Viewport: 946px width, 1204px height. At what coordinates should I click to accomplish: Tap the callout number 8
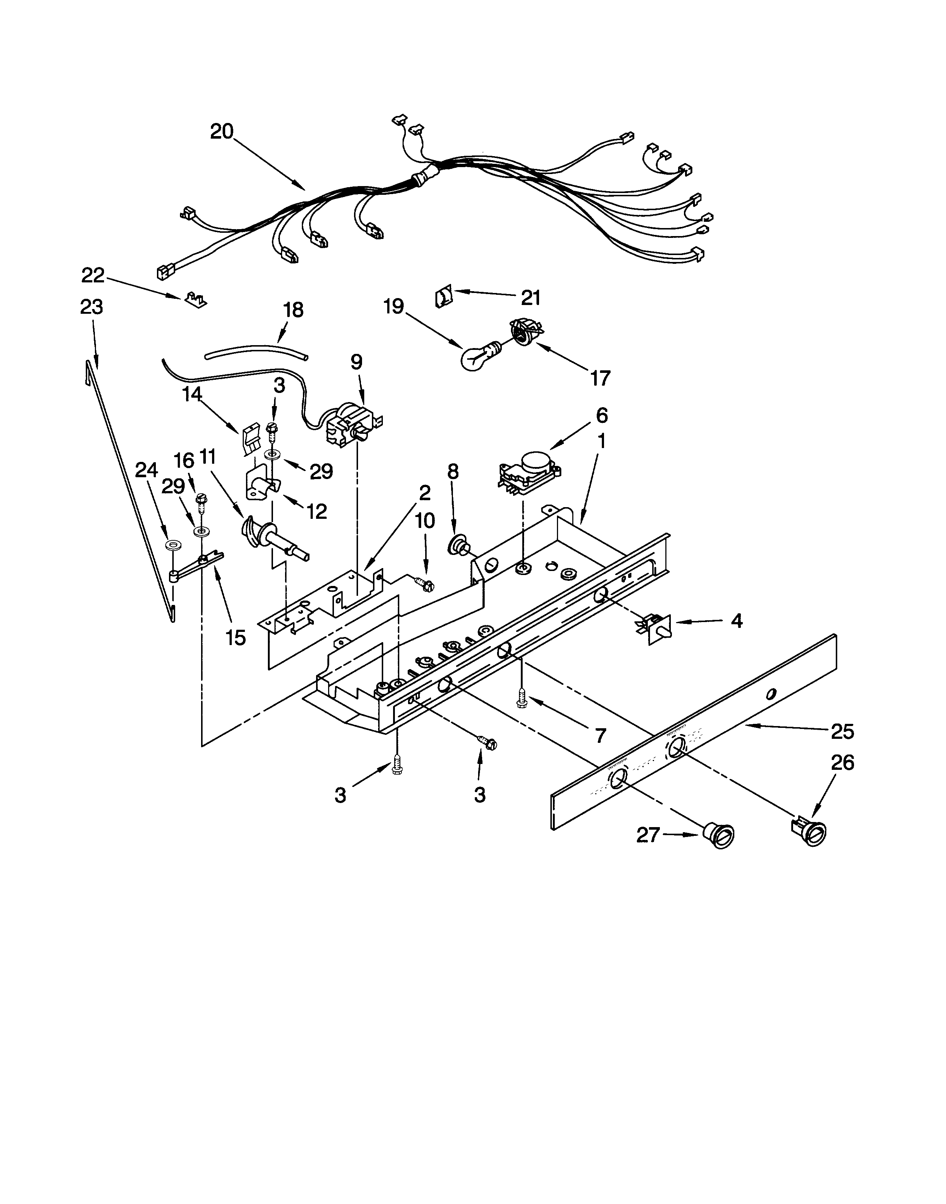tap(453, 471)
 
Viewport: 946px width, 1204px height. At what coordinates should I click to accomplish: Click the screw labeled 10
tap(424, 583)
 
